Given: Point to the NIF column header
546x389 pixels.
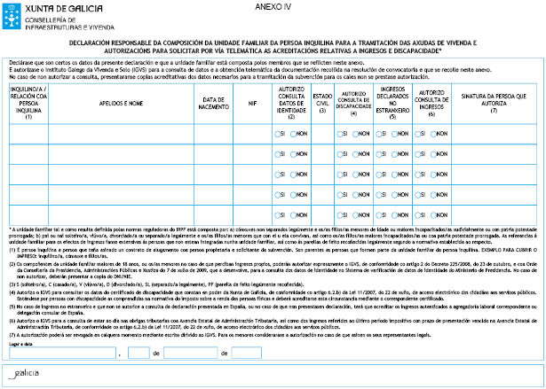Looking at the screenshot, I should click(x=252, y=103).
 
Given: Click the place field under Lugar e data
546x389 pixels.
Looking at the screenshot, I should click(x=63, y=354).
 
